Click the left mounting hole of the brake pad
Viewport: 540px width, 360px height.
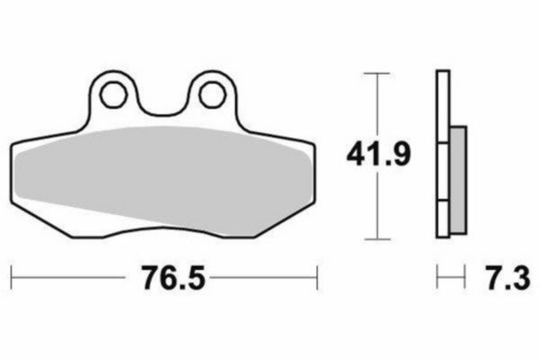coord(113,93)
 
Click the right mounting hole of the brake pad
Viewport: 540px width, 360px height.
coord(210,93)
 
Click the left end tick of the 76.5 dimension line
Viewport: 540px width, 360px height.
coord(12,277)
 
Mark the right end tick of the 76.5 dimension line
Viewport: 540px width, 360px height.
coord(317,277)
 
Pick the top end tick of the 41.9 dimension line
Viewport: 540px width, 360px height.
coord(377,72)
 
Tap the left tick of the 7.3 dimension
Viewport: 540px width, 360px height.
coord(437,277)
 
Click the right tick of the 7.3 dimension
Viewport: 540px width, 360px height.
coord(464,277)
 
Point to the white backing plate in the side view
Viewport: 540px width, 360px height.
coord(441,108)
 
